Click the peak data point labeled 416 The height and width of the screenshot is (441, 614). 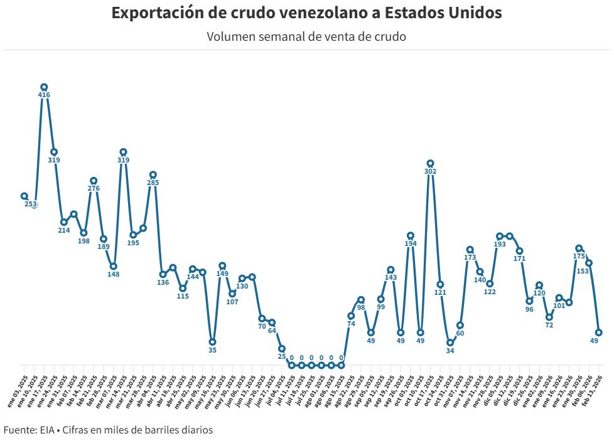coord(44,87)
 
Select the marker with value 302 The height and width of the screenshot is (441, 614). coord(430,163)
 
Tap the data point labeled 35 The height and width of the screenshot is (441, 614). coord(212,342)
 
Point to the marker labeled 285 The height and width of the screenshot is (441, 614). coord(153,174)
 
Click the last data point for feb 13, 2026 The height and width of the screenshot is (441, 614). coord(599,332)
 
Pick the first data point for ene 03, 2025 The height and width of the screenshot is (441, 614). coord(24,196)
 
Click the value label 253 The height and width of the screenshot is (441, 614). coord(31,205)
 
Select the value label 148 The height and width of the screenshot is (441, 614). coord(113,274)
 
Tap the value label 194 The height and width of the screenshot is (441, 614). coord(411,244)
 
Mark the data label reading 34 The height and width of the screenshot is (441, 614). coord(450,351)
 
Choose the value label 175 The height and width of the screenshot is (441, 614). coord(579,256)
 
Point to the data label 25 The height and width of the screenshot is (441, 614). coord(282,356)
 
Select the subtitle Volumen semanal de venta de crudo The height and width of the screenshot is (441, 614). coord(306,36)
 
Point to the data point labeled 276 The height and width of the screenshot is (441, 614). coord(94,181)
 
